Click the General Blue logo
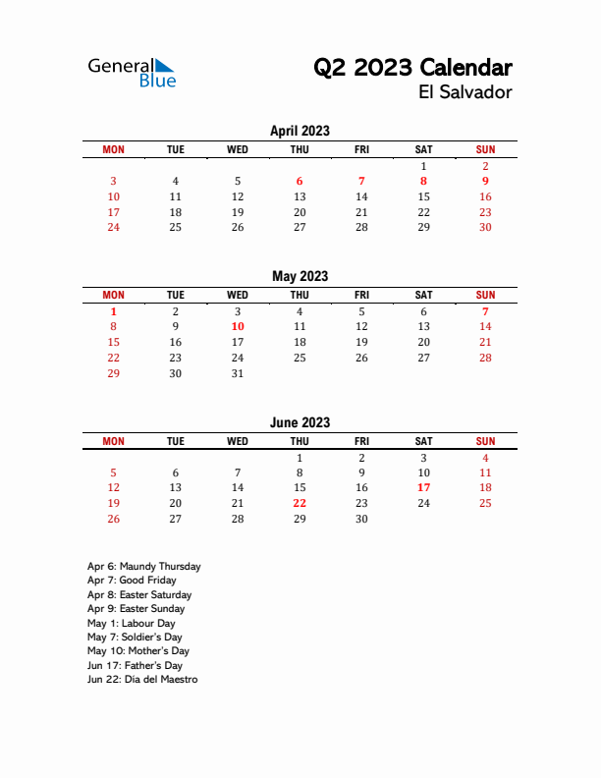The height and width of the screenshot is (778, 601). click(132, 73)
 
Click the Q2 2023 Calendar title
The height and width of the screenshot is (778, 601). click(412, 68)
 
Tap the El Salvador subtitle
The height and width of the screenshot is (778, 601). click(464, 92)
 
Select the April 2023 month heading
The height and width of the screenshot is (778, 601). click(300, 131)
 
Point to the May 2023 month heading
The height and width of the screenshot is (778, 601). click(300, 276)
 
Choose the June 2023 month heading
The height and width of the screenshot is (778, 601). click(300, 422)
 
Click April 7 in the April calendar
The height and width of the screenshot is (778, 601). click(361, 181)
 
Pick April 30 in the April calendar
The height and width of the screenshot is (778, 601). click(485, 227)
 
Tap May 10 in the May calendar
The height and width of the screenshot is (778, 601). click(238, 326)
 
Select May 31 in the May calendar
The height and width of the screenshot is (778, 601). click(238, 373)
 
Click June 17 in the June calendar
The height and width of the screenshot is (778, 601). click(423, 487)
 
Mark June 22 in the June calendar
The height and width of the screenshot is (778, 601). click(300, 503)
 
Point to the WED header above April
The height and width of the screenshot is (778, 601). click(238, 149)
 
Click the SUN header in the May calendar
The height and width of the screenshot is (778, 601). click(485, 295)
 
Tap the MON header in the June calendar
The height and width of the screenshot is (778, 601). click(114, 441)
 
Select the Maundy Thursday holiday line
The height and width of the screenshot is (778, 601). click(143, 566)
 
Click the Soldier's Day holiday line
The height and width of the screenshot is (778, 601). click(135, 637)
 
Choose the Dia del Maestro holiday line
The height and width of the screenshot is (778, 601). click(141, 679)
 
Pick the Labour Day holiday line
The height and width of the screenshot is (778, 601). click(131, 623)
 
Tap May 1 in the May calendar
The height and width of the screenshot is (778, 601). click(114, 310)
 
